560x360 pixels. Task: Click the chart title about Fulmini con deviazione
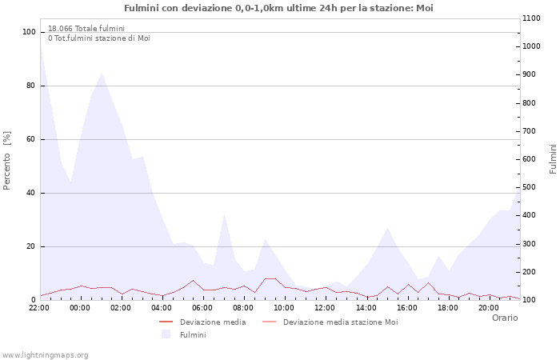pos(279,8)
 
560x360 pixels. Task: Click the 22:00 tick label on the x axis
pos(39,307)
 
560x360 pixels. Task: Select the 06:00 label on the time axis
pos(202,307)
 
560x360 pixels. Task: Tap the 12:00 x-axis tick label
pos(325,307)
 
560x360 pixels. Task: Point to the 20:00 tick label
pos(488,307)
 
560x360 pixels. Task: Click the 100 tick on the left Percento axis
pos(30,32)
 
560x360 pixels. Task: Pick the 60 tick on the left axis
pos(31,139)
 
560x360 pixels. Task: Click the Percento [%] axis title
pos(8,160)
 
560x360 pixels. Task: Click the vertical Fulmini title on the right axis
pos(553,158)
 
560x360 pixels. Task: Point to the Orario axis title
pos(505,318)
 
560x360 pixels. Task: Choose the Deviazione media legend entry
pos(213,322)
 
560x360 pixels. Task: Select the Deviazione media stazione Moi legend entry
pos(340,322)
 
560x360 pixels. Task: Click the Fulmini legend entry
pos(193,334)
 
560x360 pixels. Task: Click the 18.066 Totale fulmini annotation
pos(86,29)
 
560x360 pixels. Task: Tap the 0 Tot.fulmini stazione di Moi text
pos(98,38)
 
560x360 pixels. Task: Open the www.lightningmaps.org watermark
pos(46,354)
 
